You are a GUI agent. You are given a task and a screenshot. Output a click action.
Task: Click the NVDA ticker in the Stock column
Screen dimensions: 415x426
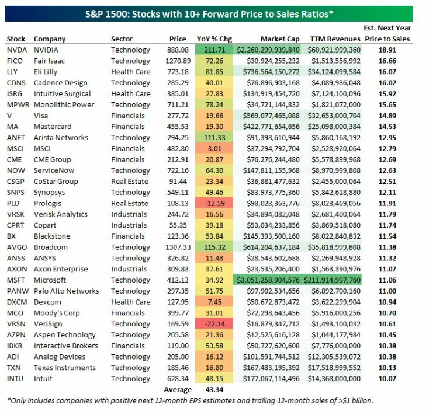coord(16,50)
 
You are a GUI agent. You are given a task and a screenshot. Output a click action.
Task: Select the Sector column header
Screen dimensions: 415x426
coord(122,39)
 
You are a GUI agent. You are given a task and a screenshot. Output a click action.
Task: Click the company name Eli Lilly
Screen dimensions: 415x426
coord(47,72)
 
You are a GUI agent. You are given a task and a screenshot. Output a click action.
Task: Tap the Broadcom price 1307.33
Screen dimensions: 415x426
coord(178,247)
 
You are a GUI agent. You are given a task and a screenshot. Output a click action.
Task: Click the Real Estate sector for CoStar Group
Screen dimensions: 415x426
coord(129,182)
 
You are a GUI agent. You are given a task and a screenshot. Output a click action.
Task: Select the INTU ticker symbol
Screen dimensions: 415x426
coord(15,379)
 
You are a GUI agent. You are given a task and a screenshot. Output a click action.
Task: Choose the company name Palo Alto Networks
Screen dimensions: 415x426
coord(67,291)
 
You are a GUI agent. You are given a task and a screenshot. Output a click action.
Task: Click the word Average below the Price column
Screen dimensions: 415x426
coord(177,390)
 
